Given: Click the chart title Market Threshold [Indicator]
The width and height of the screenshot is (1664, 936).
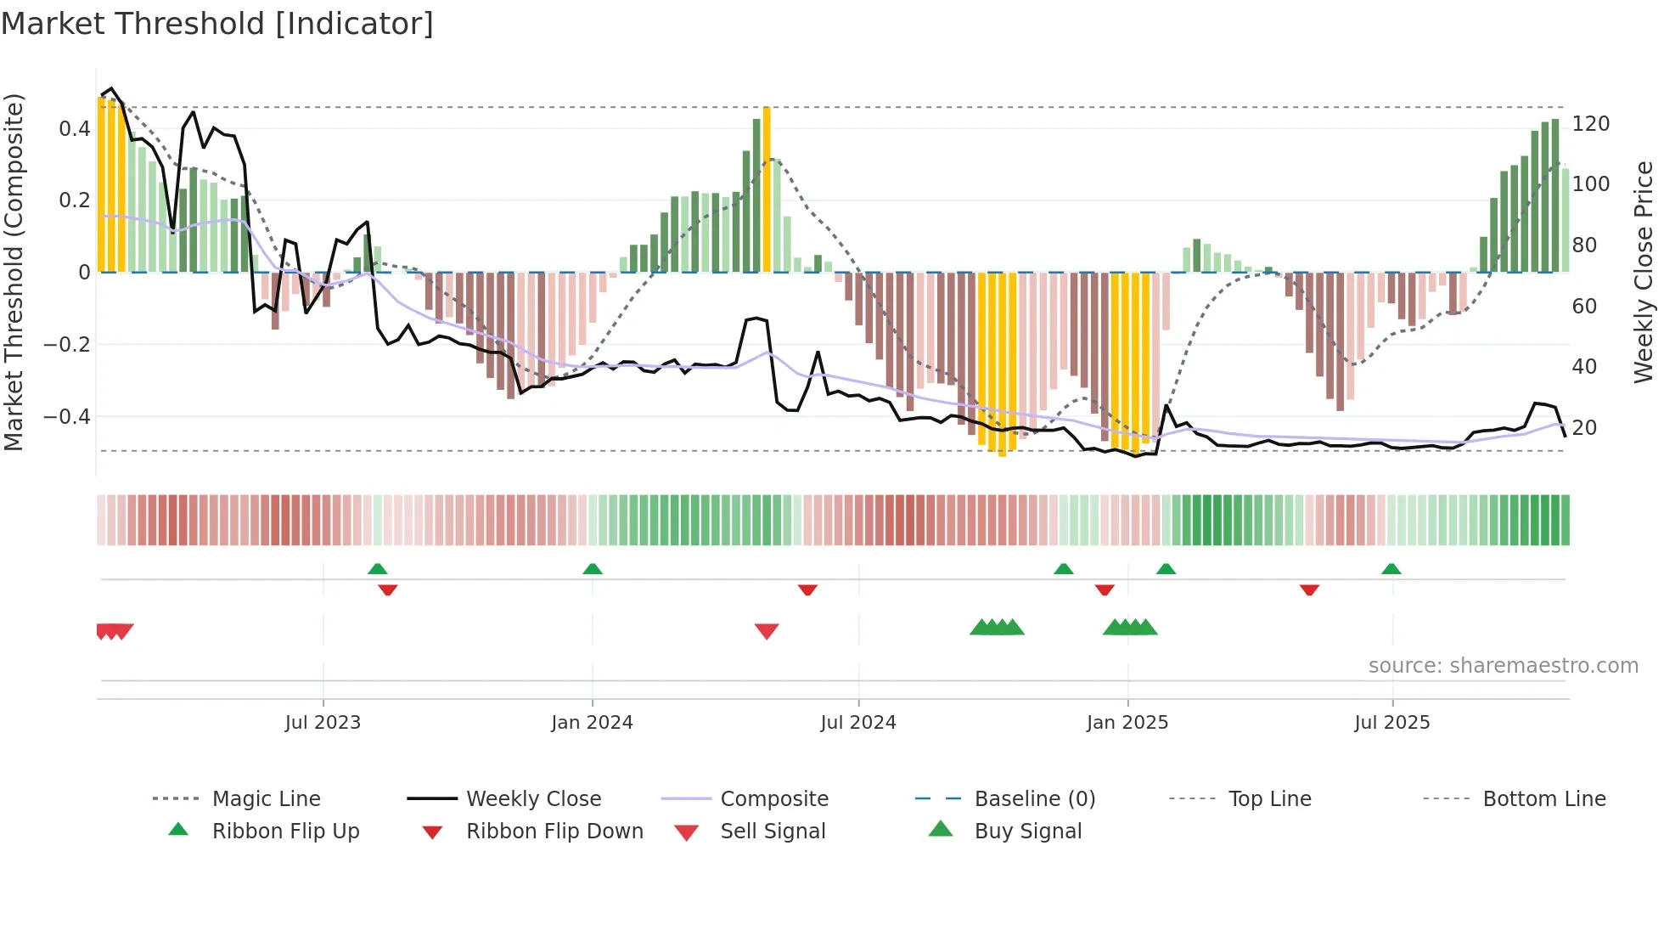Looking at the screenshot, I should tap(217, 24).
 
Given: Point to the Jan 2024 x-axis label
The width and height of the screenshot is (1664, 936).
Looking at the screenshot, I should tap(592, 723).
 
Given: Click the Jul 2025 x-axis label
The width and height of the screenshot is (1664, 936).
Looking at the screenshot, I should tap(1391, 723).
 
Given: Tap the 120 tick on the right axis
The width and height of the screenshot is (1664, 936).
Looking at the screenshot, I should tap(1590, 124).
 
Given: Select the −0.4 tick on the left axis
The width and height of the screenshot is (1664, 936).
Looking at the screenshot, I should tap(67, 417).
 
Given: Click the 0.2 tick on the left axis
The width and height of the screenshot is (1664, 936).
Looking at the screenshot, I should tap(74, 200).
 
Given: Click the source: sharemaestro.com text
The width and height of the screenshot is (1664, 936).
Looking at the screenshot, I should tap(1503, 666).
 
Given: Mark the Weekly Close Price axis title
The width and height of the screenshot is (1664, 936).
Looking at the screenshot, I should tap(1644, 272).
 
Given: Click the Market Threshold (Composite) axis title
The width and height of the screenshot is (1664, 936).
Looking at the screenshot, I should tap(14, 272).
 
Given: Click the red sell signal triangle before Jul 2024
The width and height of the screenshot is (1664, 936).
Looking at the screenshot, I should tap(767, 631).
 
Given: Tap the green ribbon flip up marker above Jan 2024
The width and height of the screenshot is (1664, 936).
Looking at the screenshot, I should tap(593, 569).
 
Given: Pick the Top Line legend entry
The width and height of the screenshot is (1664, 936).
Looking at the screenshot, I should tap(1269, 799).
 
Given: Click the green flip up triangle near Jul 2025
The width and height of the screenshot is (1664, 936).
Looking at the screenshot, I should tap(1391, 569).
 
